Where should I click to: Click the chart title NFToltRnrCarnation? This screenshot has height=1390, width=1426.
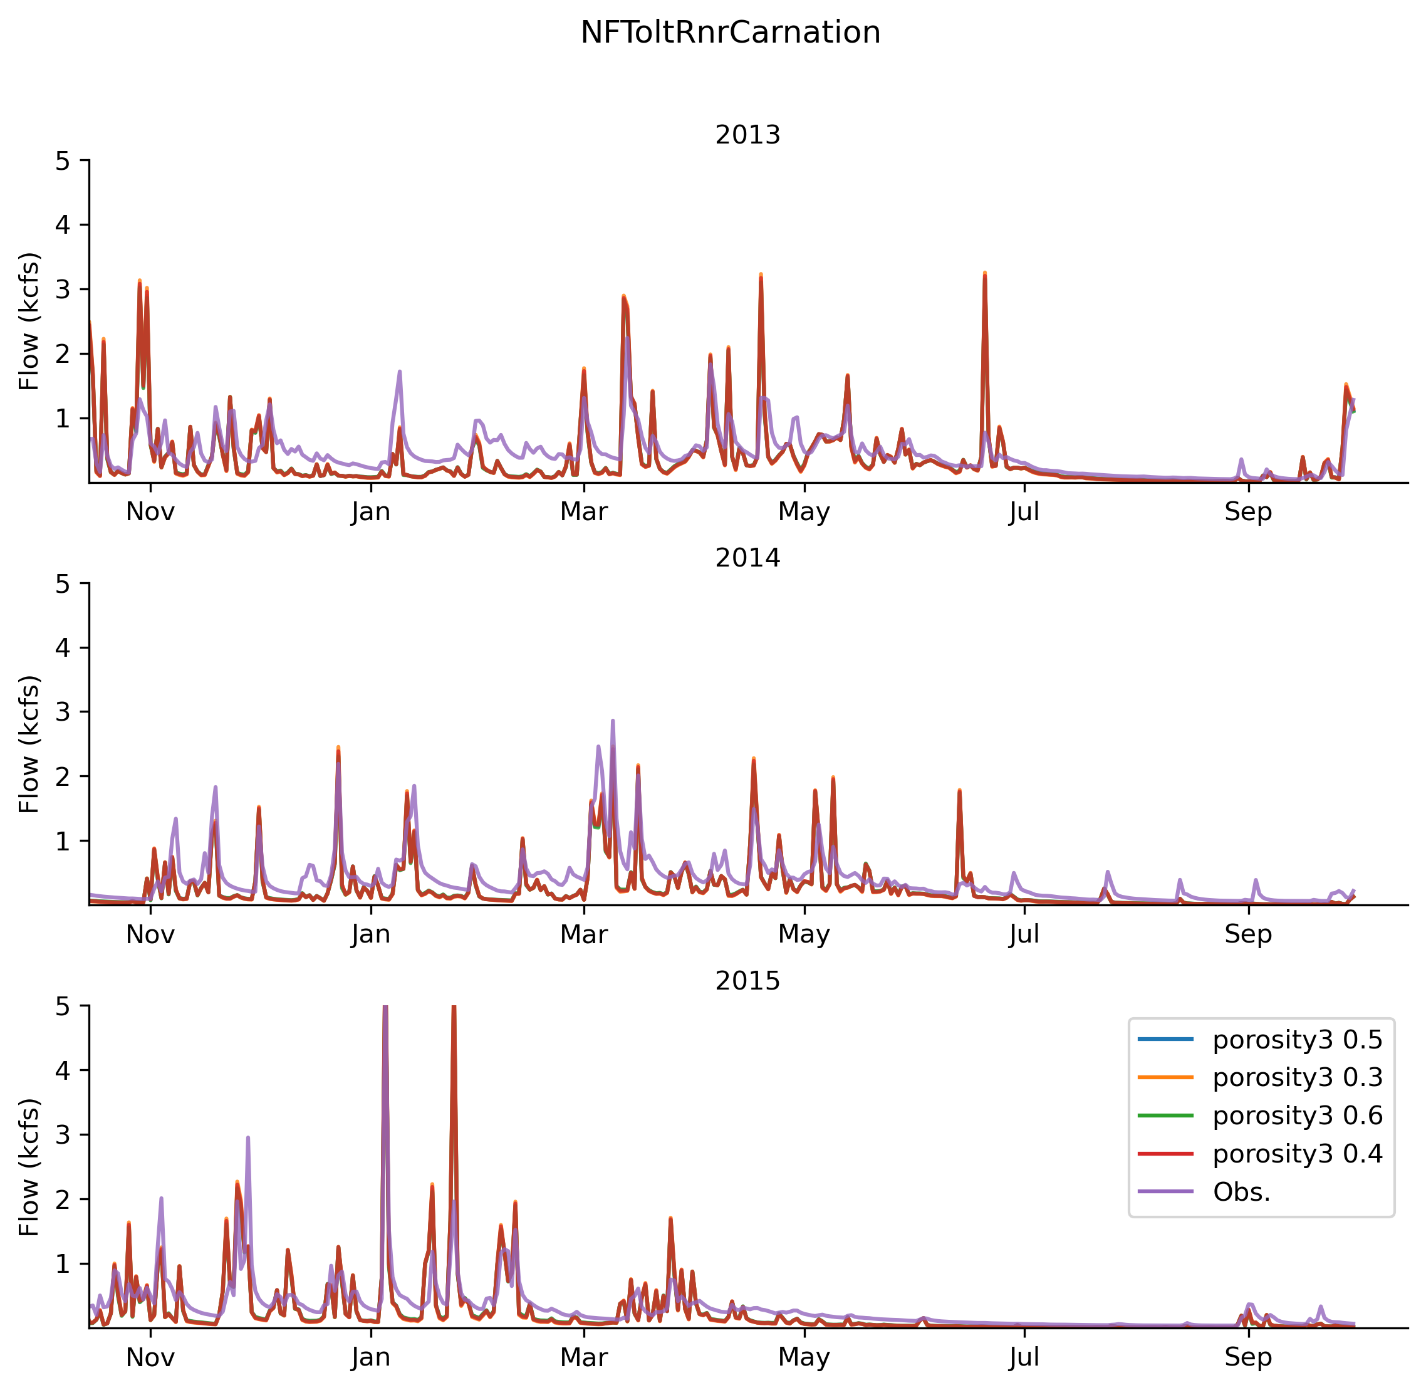tap(730, 33)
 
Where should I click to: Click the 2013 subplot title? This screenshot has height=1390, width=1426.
tap(747, 135)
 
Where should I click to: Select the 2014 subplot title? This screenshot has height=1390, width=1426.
tap(747, 558)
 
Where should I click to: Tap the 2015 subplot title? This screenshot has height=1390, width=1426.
tap(747, 980)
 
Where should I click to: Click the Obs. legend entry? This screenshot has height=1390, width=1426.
tap(1241, 1191)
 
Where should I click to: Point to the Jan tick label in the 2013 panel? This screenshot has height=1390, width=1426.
tap(371, 512)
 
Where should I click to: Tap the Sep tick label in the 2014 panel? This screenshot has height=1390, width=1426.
tap(1248, 934)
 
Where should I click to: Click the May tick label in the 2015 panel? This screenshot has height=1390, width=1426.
tap(804, 1357)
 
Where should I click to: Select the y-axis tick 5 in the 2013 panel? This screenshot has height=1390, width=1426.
tap(63, 160)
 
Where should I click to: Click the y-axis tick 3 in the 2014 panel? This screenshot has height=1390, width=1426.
tap(63, 712)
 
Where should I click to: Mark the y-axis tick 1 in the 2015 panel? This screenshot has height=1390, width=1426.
tap(63, 1263)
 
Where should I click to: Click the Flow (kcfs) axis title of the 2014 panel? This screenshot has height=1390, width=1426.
tap(29, 744)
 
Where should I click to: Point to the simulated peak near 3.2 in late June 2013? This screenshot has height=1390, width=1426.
tap(984, 274)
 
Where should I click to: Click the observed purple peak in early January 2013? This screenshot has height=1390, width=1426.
tap(400, 372)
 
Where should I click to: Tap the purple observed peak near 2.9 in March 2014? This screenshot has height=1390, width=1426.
tap(612, 721)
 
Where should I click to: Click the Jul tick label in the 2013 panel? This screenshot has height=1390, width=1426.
tap(1024, 512)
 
